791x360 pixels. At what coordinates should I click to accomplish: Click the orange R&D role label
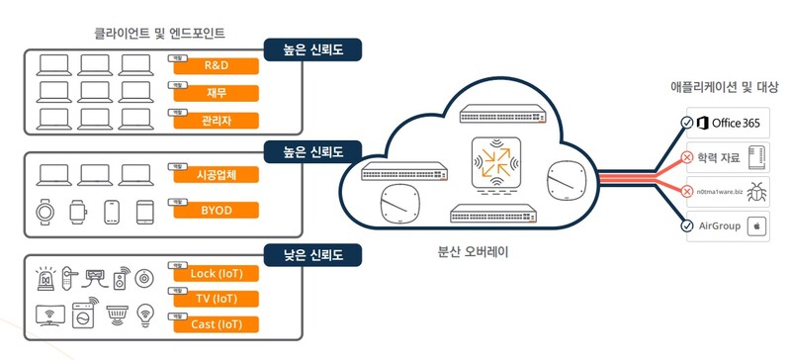pyautogui.click(x=216, y=67)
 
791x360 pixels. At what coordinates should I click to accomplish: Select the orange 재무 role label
pyautogui.click(x=216, y=95)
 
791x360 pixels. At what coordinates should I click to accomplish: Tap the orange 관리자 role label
pyautogui.click(x=216, y=122)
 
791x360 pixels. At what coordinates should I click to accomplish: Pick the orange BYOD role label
pyautogui.click(x=216, y=210)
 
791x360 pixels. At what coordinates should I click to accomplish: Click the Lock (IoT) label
pyautogui.click(x=216, y=273)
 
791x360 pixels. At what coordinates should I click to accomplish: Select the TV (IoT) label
pyautogui.click(x=216, y=299)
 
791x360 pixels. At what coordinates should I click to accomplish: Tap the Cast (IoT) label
pyautogui.click(x=216, y=324)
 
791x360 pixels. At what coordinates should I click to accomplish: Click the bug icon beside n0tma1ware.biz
pyautogui.click(x=756, y=191)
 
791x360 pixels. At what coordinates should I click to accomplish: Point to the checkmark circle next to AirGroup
pyautogui.click(x=687, y=225)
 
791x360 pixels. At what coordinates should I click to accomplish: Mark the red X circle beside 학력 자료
pyautogui.click(x=687, y=156)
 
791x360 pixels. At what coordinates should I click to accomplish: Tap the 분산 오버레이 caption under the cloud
pyautogui.click(x=476, y=252)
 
